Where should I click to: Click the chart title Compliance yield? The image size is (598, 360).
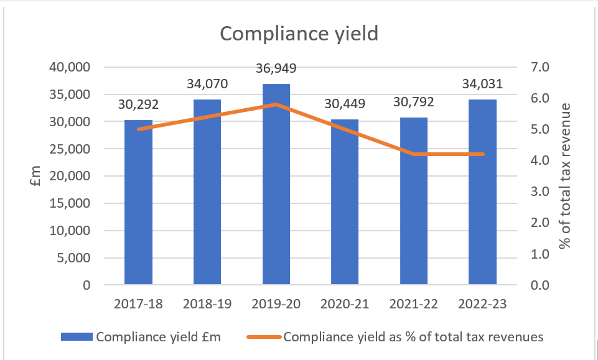click(x=299, y=34)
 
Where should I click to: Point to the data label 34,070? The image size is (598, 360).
click(x=207, y=84)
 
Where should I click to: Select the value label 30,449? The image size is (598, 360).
click(x=345, y=103)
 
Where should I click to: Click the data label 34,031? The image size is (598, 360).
click(x=482, y=84)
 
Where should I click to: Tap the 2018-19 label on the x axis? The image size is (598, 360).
click(x=207, y=304)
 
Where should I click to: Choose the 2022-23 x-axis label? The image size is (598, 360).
click(x=482, y=304)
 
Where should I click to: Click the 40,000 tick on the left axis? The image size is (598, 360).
click(x=70, y=67)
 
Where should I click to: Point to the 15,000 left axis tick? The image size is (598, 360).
click(x=70, y=203)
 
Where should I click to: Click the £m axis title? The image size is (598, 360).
click(x=35, y=176)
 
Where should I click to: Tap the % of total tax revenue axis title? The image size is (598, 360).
click(x=564, y=176)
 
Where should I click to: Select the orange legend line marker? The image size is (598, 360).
click(x=264, y=337)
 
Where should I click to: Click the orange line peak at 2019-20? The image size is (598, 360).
click(x=276, y=104)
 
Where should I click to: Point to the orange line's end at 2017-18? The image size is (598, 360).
click(x=138, y=129)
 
